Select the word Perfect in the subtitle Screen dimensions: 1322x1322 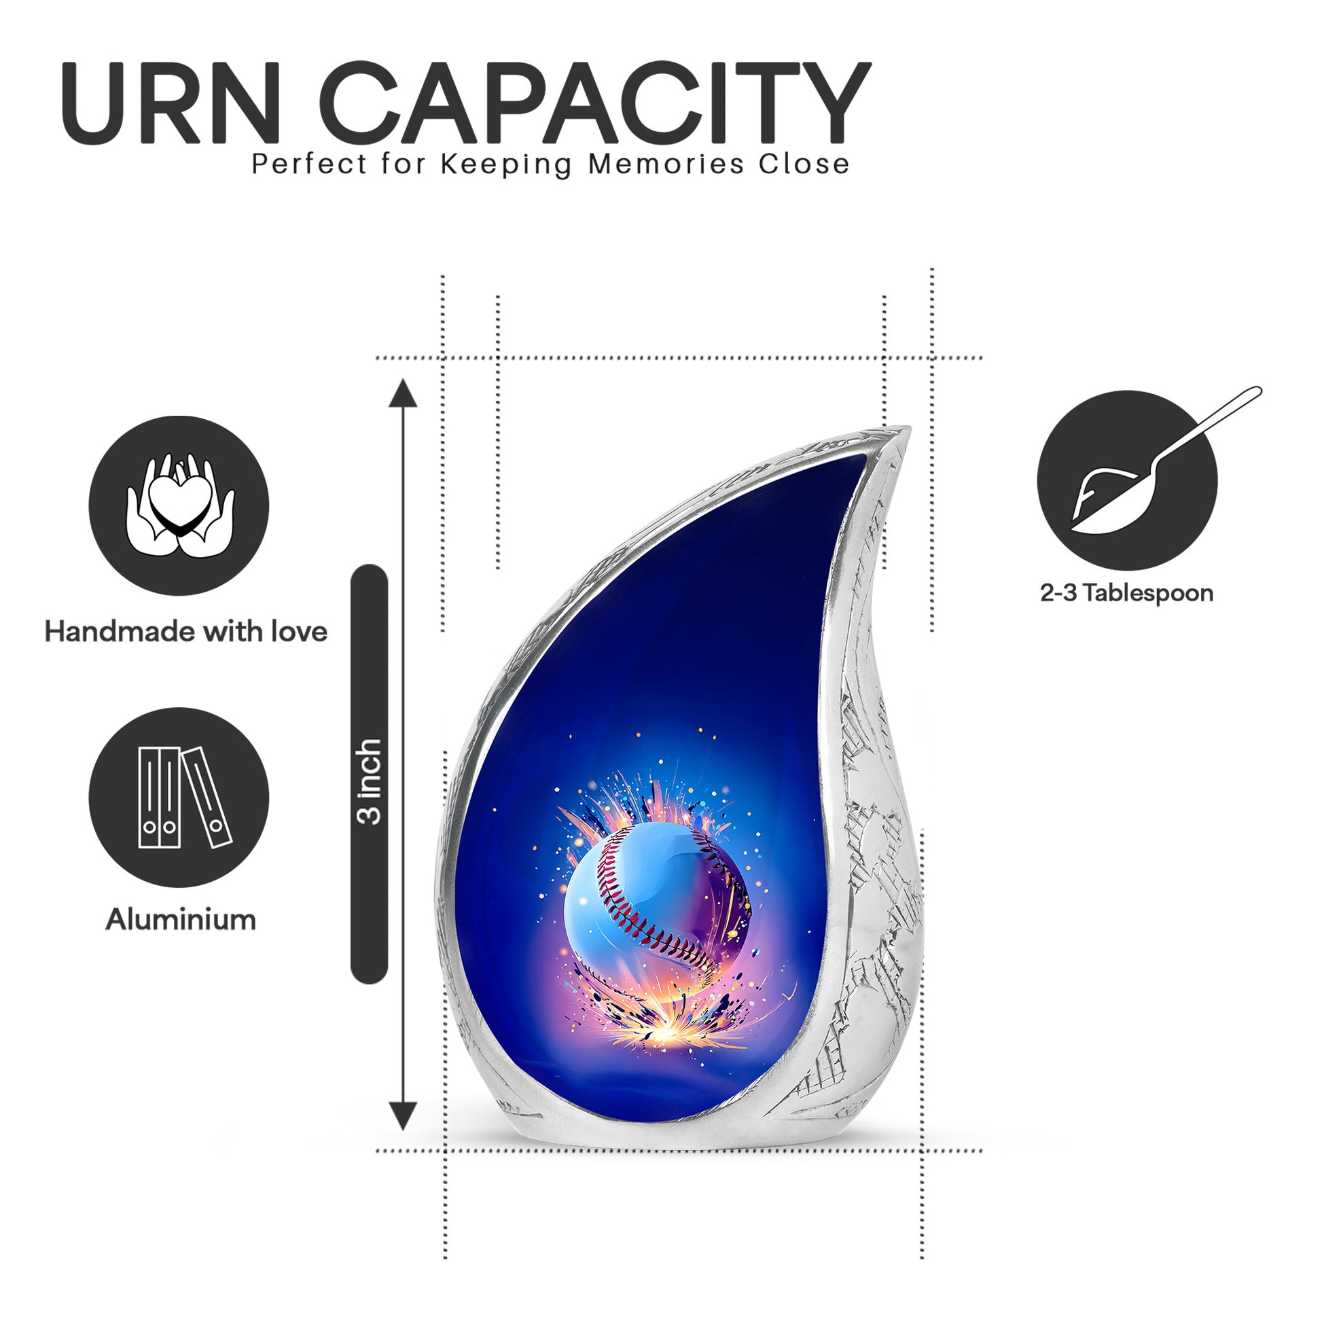309,164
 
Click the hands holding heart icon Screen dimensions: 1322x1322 179,505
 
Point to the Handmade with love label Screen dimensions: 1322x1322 186,632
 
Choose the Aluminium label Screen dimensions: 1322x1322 181,920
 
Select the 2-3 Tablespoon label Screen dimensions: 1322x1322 1127,592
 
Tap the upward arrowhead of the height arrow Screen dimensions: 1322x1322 403,393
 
